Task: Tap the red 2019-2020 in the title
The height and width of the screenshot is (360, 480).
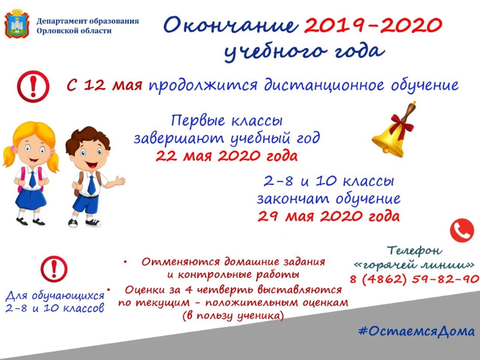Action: (x=373, y=25)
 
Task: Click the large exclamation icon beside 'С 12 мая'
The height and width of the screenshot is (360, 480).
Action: (x=33, y=86)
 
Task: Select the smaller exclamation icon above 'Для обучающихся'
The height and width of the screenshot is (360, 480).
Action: (x=54, y=269)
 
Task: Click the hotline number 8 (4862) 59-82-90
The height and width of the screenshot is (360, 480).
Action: (x=415, y=279)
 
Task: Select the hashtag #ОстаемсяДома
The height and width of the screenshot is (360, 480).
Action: (x=417, y=331)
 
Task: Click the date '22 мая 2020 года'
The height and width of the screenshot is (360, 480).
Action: (x=227, y=156)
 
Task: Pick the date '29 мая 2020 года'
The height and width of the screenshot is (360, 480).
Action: (x=328, y=216)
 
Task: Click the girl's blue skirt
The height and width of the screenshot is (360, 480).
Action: (x=31, y=198)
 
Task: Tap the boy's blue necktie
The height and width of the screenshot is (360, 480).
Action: (x=91, y=185)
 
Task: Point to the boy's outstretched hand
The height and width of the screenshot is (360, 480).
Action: (x=119, y=181)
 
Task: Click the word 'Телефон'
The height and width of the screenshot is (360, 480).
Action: (x=415, y=250)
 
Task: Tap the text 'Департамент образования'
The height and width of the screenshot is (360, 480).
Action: (x=87, y=21)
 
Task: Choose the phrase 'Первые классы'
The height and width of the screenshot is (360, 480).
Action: (x=227, y=121)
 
